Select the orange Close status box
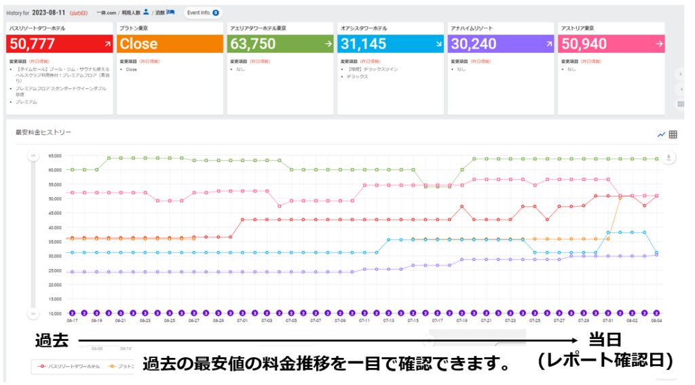click(x=138, y=44)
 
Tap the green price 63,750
click(x=253, y=44)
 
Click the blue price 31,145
click(x=363, y=44)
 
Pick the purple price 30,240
click(x=474, y=44)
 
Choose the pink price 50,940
click(x=584, y=44)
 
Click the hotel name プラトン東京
click(x=133, y=28)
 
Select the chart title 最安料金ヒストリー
click(x=43, y=132)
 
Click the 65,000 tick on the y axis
click(x=54, y=155)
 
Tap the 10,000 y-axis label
click(x=54, y=313)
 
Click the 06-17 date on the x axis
click(x=71, y=321)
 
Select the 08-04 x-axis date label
click(x=656, y=321)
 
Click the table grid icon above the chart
click(x=673, y=134)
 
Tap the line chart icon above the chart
click(x=661, y=134)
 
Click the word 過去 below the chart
click(x=52, y=340)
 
